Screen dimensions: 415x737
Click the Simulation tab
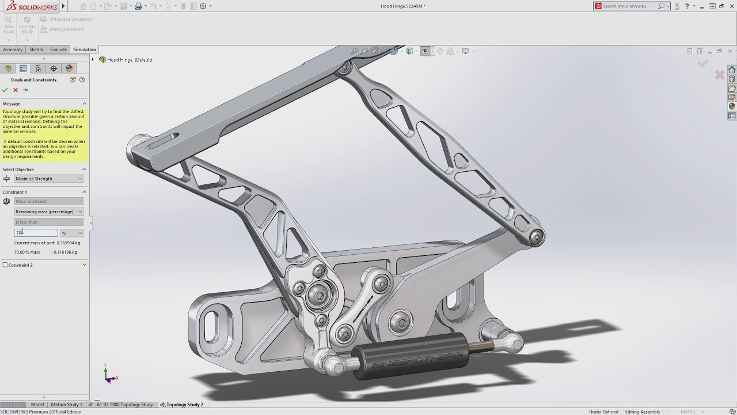tap(84, 50)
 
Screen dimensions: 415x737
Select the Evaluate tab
tap(58, 50)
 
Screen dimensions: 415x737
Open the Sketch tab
tap(36, 50)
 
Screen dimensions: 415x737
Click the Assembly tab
tap(13, 50)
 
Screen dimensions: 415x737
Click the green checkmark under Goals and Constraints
tap(5, 90)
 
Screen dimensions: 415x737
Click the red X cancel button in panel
tap(16, 90)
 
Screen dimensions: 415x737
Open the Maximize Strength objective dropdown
tap(48, 179)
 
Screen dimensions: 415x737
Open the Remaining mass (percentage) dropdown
tap(48, 212)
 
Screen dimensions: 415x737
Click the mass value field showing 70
tap(36, 233)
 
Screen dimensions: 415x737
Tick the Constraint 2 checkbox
tap(5, 265)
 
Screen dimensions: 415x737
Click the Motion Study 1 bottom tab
tap(66, 405)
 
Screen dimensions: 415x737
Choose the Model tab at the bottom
tap(37, 405)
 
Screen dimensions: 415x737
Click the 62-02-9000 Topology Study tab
tap(124, 405)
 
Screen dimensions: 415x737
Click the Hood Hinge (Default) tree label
tap(130, 60)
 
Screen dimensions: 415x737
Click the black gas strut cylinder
tap(409, 356)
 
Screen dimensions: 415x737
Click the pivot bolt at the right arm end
tap(537, 236)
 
